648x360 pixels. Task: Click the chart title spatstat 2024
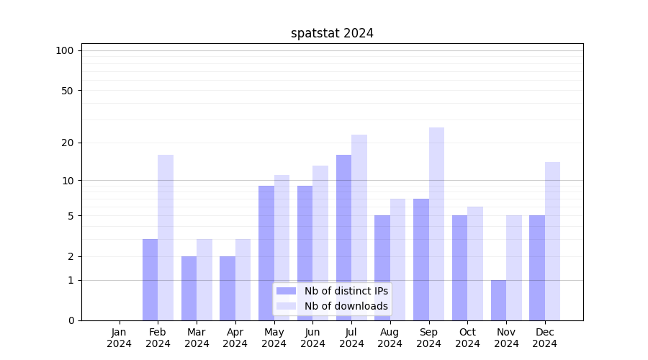click(332, 33)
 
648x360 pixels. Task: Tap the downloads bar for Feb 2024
click(166, 238)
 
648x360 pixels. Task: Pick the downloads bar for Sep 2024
click(436, 224)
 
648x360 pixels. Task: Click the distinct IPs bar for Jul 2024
click(343, 238)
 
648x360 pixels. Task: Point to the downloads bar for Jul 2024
click(359, 228)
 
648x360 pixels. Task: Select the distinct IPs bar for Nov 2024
click(498, 300)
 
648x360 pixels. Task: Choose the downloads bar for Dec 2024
click(552, 241)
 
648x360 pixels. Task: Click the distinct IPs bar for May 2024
click(266, 253)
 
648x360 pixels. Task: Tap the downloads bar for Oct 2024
click(475, 264)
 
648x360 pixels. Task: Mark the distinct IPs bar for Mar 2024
click(189, 288)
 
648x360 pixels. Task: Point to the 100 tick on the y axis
click(65, 50)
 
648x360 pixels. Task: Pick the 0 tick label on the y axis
click(71, 320)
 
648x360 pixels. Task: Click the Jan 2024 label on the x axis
click(120, 338)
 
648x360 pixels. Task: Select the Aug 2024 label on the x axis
click(390, 338)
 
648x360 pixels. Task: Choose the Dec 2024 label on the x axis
click(545, 338)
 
